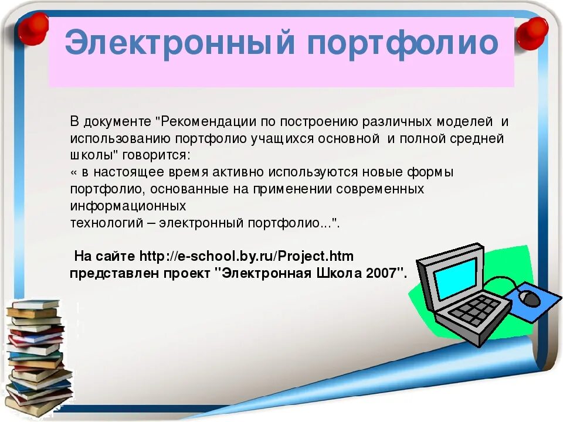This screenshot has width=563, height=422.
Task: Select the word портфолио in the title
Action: coord(399,43)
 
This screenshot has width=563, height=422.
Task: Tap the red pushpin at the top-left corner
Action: coord(32,28)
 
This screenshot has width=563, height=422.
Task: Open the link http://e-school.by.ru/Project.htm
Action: coord(246,257)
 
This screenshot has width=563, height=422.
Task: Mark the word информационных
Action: coord(128,206)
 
